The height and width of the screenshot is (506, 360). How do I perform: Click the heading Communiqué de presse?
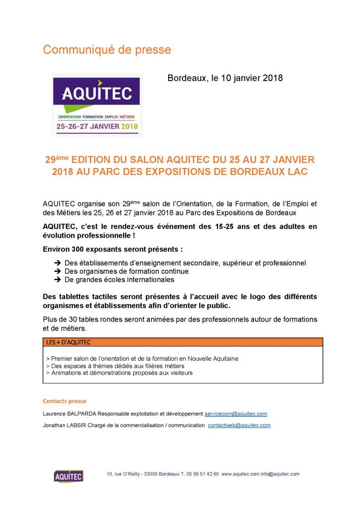click(x=107, y=50)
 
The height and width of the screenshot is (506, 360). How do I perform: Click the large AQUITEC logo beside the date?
click(x=97, y=104)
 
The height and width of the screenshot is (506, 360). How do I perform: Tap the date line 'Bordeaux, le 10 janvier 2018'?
click(x=225, y=78)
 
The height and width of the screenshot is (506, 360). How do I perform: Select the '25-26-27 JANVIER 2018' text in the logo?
click(x=97, y=126)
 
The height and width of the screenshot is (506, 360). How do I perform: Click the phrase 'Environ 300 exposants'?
click(x=84, y=249)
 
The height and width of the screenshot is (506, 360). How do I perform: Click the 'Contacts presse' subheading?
click(x=65, y=401)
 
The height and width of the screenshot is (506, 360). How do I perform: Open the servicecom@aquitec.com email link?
click(x=236, y=414)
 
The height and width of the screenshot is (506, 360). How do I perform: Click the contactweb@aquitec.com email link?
click(x=239, y=425)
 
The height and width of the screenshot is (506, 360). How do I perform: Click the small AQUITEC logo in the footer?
click(x=68, y=476)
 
